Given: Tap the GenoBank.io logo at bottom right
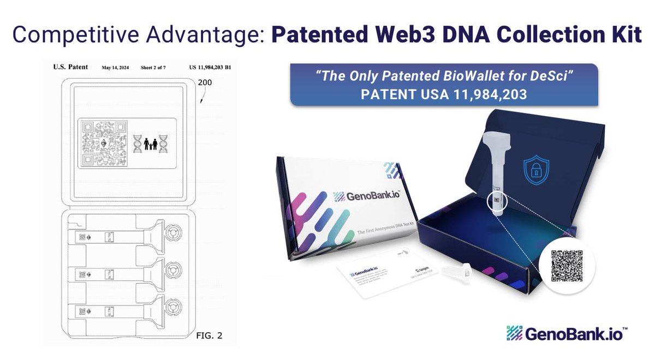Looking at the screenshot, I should (x=565, y=333).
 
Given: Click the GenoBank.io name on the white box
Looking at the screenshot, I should (x=367, y=196).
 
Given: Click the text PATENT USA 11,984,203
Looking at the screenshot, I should (x=443, y=94).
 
